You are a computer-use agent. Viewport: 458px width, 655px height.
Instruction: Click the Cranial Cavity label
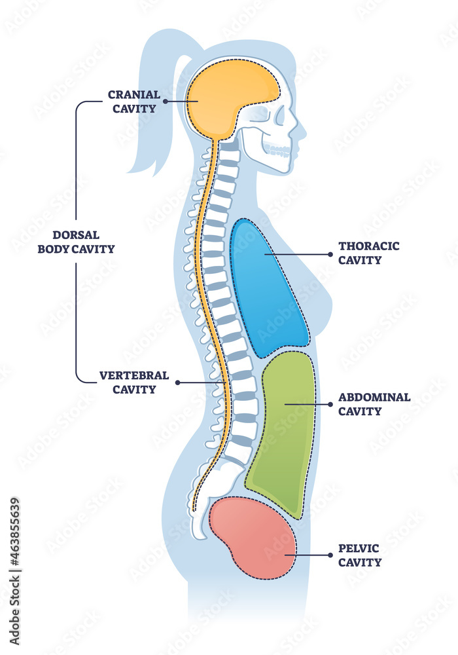[133, 102]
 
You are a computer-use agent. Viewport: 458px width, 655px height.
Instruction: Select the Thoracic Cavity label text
[368, 253]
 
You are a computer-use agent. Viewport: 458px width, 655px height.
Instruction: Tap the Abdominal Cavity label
[374, 404]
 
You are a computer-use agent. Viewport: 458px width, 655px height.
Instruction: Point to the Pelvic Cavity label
[360, 555]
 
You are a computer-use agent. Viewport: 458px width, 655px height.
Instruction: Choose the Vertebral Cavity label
[134, 383]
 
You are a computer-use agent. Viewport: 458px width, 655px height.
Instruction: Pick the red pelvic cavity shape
[252, 537]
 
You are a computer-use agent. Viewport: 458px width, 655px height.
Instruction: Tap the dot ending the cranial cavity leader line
[166, 102]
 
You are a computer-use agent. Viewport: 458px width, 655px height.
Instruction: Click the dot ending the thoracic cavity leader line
[266, 253]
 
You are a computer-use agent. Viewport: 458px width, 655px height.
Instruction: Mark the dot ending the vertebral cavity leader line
[178, 383]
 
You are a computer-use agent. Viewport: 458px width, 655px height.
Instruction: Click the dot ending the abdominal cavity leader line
[286, 405]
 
